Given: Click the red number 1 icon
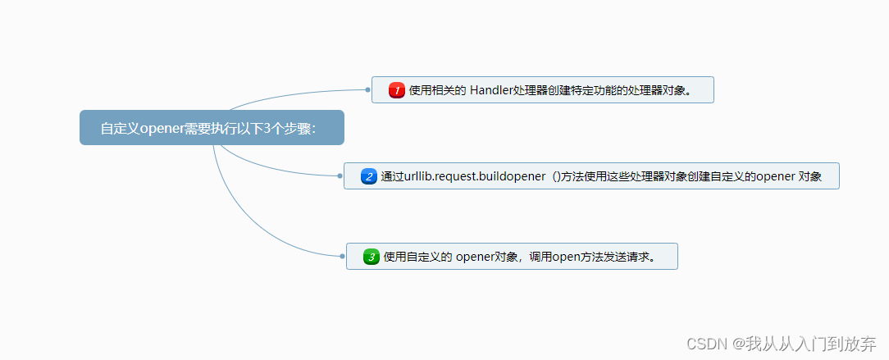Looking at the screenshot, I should click(x=397, y=90).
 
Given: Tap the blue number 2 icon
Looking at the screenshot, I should click(x=368, y=176).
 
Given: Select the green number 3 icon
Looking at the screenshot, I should click(x=371, y=257).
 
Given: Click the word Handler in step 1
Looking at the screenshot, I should click(x=490, y=90).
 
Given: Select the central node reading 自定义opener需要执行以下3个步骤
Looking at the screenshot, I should click(x=212, y=128).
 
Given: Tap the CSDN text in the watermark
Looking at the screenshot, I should click(x=705, y=343).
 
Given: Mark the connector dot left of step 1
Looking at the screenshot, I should click(x=368, y=89).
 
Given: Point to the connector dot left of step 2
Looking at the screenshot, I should click(x=340, y=175).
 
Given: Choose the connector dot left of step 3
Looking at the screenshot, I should click(x=342, y=257).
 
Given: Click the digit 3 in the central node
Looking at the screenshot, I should click(x=268, y=128).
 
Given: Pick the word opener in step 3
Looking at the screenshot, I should click(x=475, y=257).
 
